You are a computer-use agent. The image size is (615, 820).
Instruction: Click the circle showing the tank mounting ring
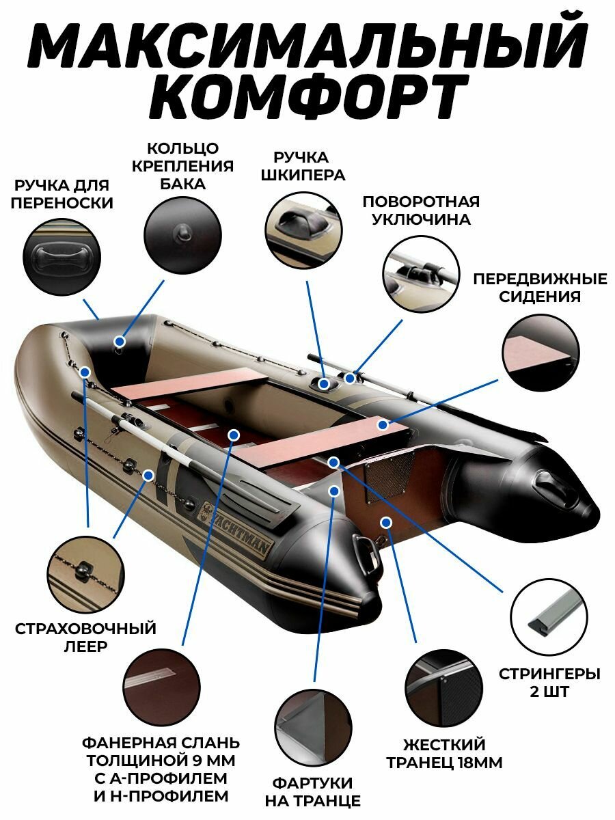coord(182,234)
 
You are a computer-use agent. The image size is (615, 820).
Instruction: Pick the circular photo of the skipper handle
coord(304,229)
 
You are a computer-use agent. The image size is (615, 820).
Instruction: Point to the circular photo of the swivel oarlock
coord(421,273)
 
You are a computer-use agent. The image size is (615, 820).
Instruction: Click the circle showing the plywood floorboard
coord(162,683)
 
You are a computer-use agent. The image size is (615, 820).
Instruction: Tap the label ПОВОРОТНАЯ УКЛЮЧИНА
coord(420,210)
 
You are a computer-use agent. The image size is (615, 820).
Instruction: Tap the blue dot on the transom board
coord(385,522)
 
